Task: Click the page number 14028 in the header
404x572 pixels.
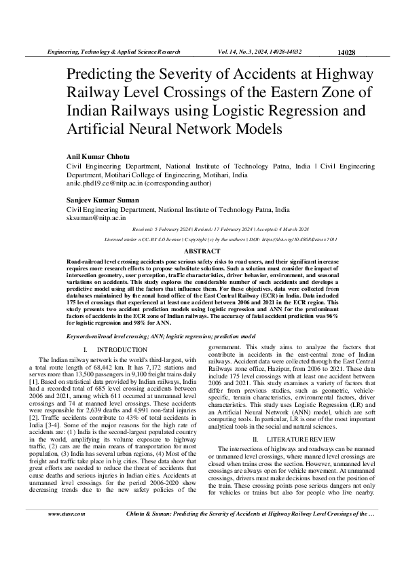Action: click(x=346, y=52)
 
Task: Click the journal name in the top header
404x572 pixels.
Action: click(x=113, y=52)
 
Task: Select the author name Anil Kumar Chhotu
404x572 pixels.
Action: click(x=100, y=156)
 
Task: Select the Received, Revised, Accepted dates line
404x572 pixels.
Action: click(x=202, y=230)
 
